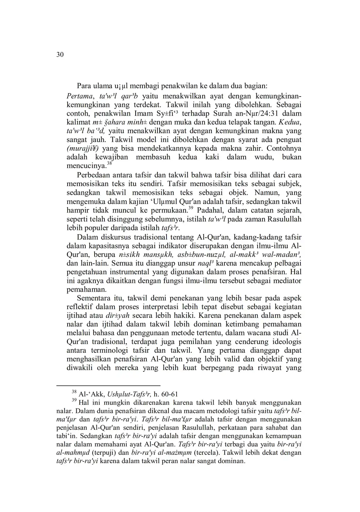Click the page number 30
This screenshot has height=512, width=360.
coord(60,55)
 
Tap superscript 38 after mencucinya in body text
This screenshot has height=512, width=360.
coord(109,163)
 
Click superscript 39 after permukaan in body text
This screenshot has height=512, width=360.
coord(190,208)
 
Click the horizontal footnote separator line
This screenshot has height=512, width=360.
coord(108,386)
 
